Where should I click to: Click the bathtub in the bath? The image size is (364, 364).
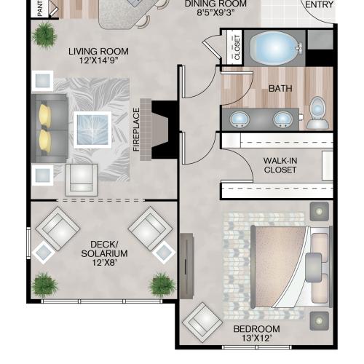pyautogui.click(x=274, y=47)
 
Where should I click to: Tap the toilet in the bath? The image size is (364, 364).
pyautogui.click(x=317, y=113)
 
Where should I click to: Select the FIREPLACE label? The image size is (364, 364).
pyautogui.click(x=136, y=130)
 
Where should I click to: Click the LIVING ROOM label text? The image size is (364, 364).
pyautogui.click(x=98, y=52)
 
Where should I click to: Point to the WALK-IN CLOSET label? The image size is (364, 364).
pyautogui.click(x=280, y=165)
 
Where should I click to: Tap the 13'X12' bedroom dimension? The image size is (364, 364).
pyautogui.click(x=256, y=338)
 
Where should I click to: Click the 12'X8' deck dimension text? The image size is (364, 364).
pyautogui.click(x=105, y=263)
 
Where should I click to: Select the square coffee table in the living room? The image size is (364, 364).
pyautogui.click(x=92, y=130)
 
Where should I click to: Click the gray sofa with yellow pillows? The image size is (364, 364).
pyautogui.click(x=50, y=128)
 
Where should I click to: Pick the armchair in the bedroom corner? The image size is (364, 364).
pyautogui.click(x=202, y=322)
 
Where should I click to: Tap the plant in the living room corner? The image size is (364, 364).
pyautogui.click(x=44, y=36)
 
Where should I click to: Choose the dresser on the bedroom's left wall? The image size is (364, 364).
pyautogui.click(x=187, y=266)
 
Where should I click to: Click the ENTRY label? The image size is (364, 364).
pyautogui.click(x=319, y=4)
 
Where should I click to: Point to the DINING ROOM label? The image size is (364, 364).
pyautogui.click(x=215, y=4)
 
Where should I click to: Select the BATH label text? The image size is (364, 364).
pyautogui.click(x=280, y=89)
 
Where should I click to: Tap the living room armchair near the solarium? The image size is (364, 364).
pyautogui.click(x=82, y=180)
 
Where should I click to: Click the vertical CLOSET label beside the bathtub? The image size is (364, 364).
pyautogui.click(x=237, y=47)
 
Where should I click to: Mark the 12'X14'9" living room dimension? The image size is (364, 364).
pyautogui.click(x=99, y=60)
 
